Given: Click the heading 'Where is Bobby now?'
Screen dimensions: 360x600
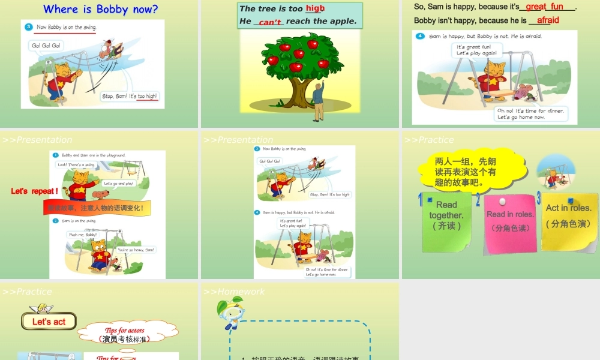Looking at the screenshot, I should pos(101,9).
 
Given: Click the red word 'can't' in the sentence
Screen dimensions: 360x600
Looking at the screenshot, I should pos(269,22).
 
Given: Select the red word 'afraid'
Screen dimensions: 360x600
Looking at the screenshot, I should pos(548,20).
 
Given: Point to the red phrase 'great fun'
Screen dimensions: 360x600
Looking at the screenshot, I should pos(544,7).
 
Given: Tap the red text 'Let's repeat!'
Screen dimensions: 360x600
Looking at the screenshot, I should pos(34,191).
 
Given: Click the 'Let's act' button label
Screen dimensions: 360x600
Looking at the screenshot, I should pos(49,322).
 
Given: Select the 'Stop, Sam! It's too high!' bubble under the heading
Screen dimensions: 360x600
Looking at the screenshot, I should pos(130,96).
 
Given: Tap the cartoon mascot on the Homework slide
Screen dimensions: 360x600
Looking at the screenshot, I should pos(231,315).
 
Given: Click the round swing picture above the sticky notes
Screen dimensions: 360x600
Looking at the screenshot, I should pos(556,173).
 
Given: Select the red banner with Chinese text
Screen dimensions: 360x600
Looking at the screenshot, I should pos(96,208).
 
